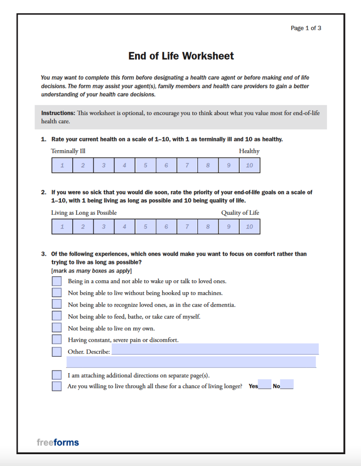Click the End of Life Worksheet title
pyautogui.click(x=181, y=56)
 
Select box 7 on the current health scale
pyautogui.click(x=187, y=166)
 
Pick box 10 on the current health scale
pyautogui.click(x=250, y=166)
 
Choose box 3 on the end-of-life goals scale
pyautogui.click(x=104, y=227)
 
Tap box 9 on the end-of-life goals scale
pyautogui.click(x=229, y=227)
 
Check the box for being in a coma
pyautogui.click(x=57, y=281)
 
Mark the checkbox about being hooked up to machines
pyautogui.click(x=57, y=293)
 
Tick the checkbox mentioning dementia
pyautogui.click(x=57, y=304)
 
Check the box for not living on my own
pyautogui.click(x=57, y=328)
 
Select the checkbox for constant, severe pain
pyautogui.click(x=57, y=339)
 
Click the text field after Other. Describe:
pyautogui.click(x=215, y=349)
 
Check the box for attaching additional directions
pyautogui.click(x=57, y=375)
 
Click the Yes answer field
pyautogui.click(x=265, y=385)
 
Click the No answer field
pyautogui.click(x=287, y=385)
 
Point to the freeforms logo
pyautogui.click(x=58, y=442)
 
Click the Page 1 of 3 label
pyautogui.click(x=306, y=28)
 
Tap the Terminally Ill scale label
pyautogui.click(x=68, y=151)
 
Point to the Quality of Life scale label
pyautogui.click(x=240, y=213)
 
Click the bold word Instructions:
pyautogui.click(x=58, y=113)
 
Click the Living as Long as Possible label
pyautogui.click(x=84, y=213)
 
